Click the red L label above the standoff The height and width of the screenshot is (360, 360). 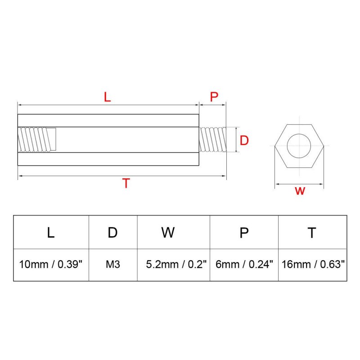coord(107,97)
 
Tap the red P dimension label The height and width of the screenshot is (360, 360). coord(214,97)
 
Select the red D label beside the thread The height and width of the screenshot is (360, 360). coord(244,140)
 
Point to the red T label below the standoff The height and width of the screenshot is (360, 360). coord(126,183)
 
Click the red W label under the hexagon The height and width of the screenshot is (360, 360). coord(300,191)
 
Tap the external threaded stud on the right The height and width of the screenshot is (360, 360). coord(212,139)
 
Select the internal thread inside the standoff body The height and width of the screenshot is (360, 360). coord(37,139)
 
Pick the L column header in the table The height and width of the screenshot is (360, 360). coord(51,233)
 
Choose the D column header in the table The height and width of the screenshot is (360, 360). coord(113,233)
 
